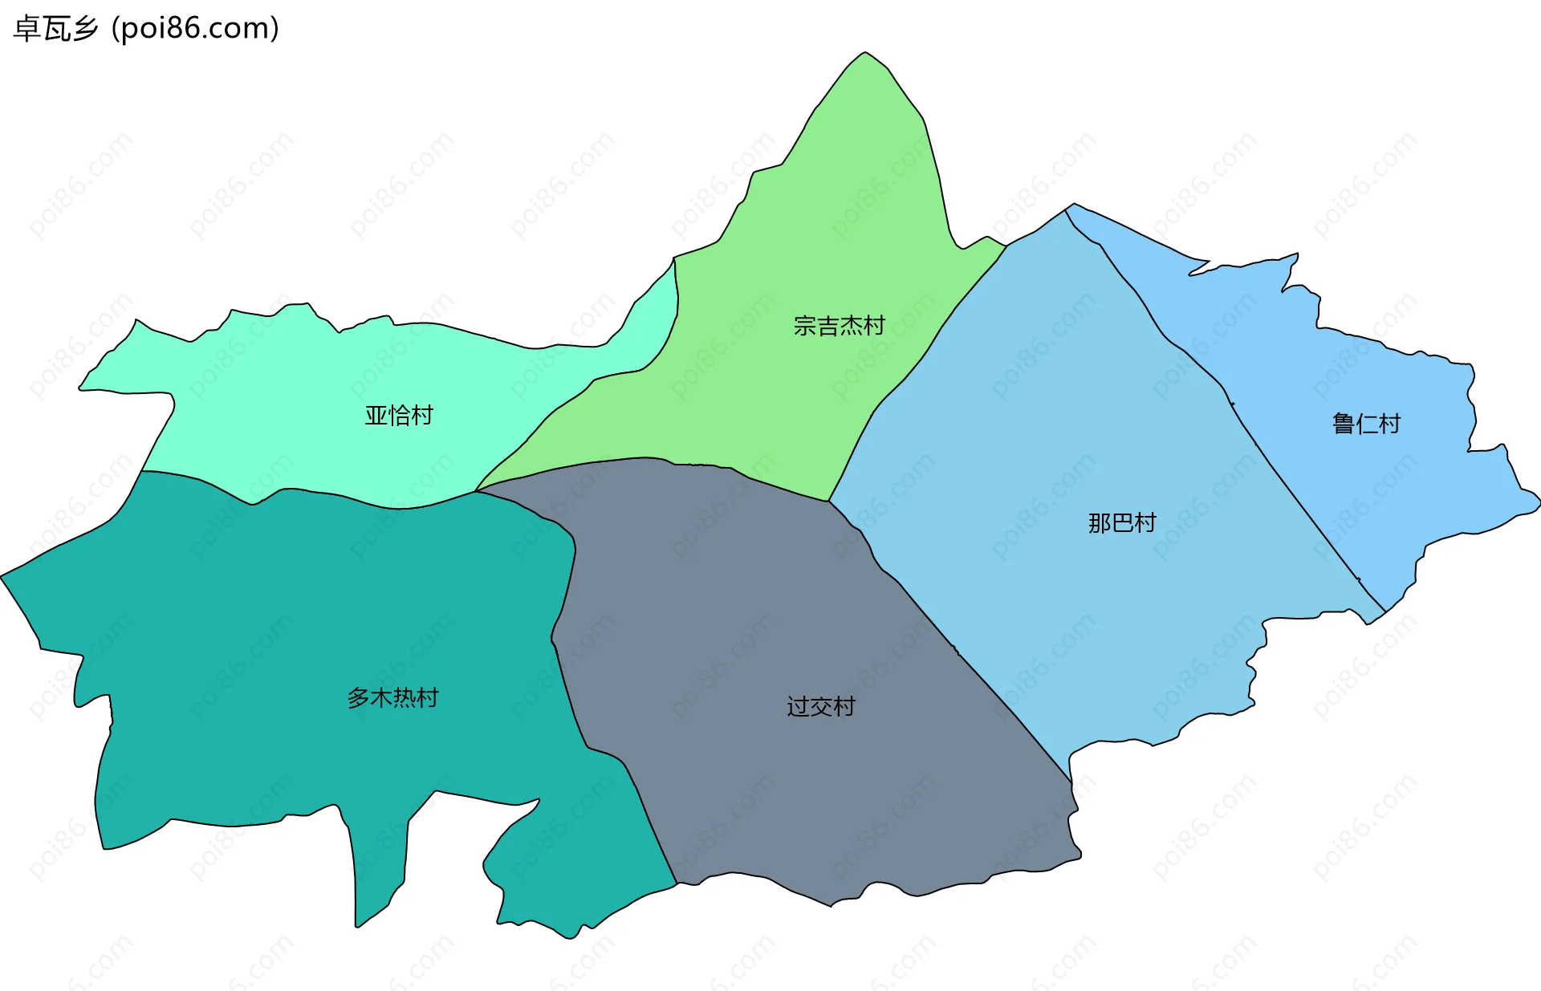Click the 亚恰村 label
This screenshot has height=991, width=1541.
coord(399,415)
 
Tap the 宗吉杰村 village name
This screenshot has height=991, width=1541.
coord(839,326)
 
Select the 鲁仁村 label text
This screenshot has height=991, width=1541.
coord(1366,424)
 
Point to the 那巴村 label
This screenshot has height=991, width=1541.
coord(1122,523)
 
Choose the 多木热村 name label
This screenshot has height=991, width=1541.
coord(392,698)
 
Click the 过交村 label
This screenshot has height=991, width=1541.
coord(821,707)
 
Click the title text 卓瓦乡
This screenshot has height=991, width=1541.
coord(56,29)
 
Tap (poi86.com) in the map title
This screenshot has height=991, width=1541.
coord(195,29)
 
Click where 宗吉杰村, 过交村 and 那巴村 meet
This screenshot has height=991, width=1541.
coord(829,502)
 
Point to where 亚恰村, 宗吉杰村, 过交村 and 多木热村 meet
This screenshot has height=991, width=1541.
coord(476,491)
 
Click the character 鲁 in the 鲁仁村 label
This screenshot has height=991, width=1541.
coord(1344,424)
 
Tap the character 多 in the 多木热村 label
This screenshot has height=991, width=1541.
coord(358,698)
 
